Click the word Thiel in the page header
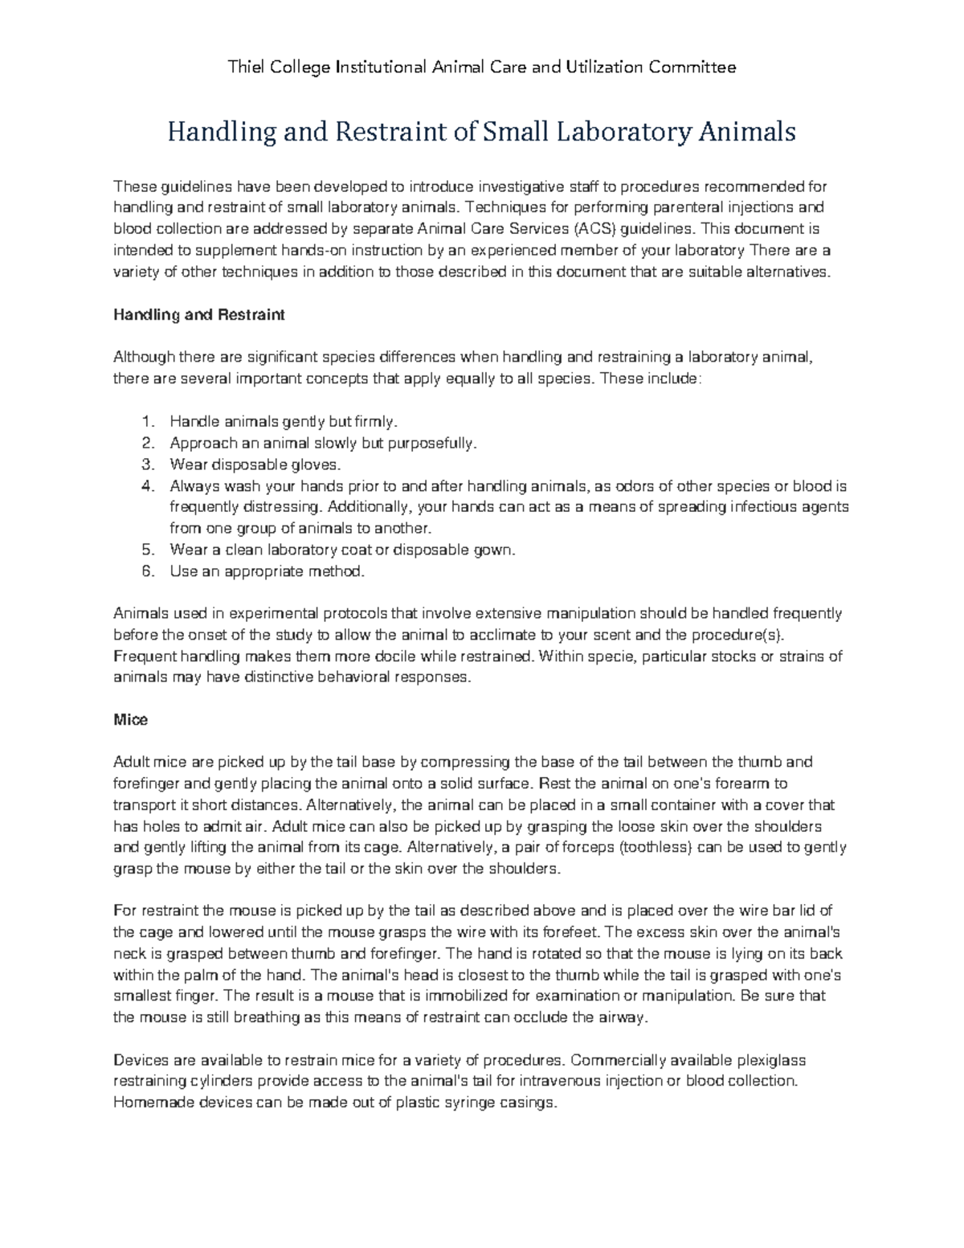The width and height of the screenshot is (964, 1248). click(247, 68)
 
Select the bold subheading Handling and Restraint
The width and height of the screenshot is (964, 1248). click(199, 315)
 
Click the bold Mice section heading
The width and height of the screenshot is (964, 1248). click(130, 720)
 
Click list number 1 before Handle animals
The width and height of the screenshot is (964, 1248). click(146, 422)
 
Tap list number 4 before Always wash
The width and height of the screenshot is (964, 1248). click(146, 486)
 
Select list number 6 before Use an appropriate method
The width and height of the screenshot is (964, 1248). click(146, 572)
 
